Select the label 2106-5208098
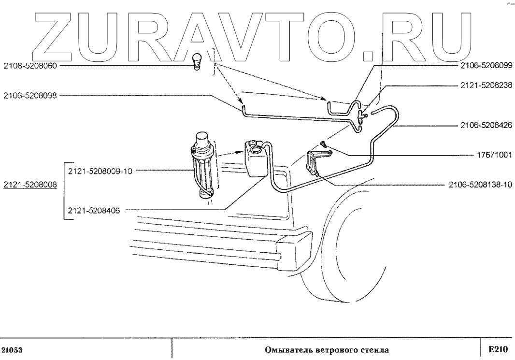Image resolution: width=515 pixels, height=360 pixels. (30, 95)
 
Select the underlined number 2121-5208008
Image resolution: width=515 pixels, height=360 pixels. (30, 185)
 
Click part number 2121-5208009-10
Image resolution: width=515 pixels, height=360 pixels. (100, 170)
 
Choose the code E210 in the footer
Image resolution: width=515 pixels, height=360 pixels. (497, 349)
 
